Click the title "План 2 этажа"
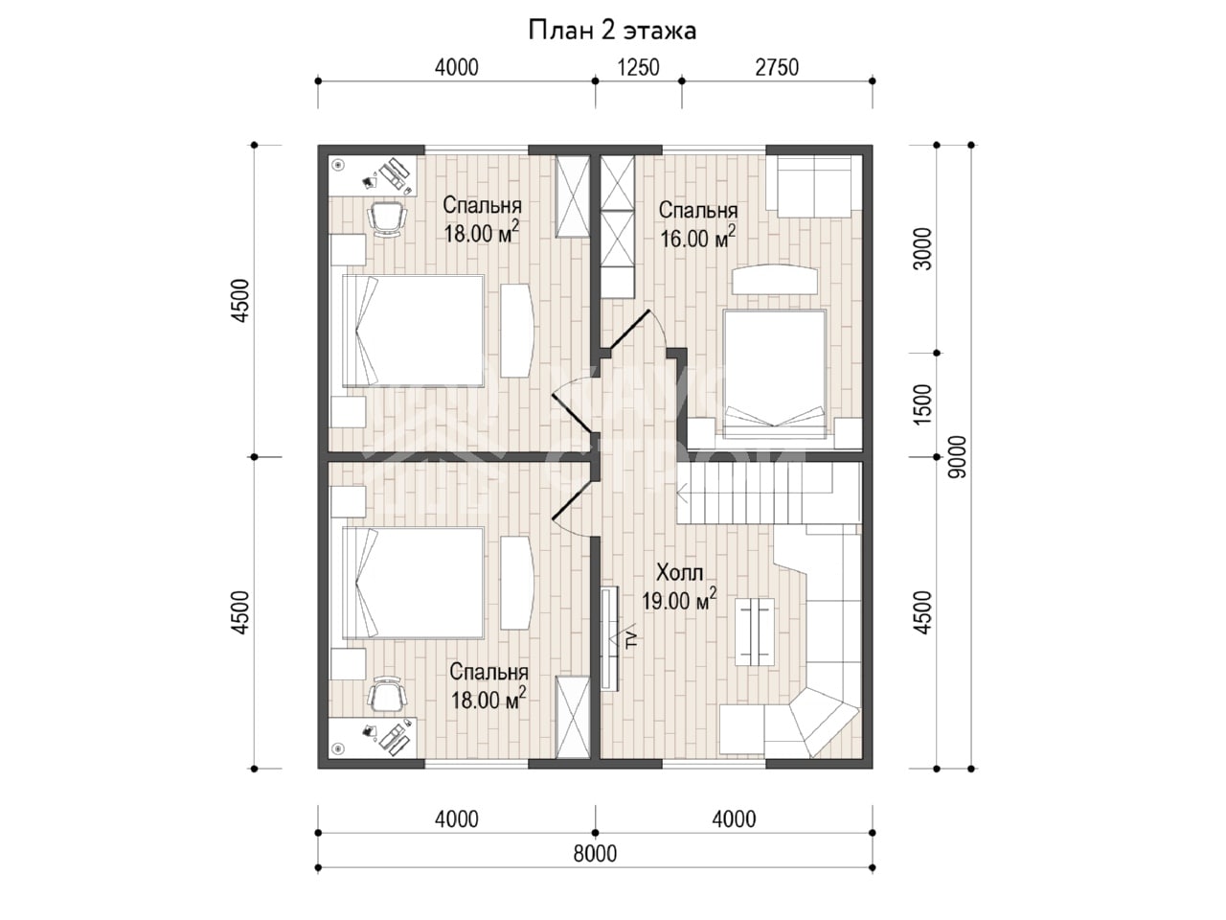coord(612,31)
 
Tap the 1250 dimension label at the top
coord(638,68)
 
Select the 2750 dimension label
coord(777,68)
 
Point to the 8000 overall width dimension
coord(596,854)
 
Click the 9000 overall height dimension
coord(958,457)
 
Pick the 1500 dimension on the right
coord(922,404)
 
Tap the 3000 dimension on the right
coord(922,249)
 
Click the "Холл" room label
coord(679,572)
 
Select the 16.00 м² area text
coord(697,238)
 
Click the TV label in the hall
coord(632,640)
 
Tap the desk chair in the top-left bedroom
coord(387,218)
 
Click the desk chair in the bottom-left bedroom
coord(387,695)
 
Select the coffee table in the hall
coord(755,632)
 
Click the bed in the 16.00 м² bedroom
coord(774,373)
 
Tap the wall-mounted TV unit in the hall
coord(610,638)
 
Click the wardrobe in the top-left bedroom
coord(573,196)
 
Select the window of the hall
coord(714,764)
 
